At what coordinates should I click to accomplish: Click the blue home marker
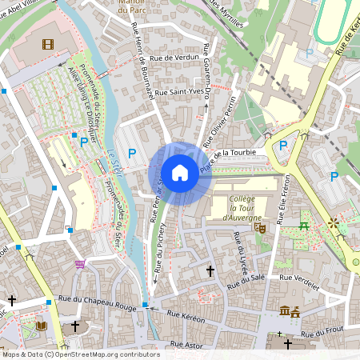pyautogui.click(x=180, y=173)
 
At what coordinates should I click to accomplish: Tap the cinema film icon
pyautogui.click(x=49, y=44)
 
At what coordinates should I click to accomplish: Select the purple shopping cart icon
pyautogui.click(x=80, y=263)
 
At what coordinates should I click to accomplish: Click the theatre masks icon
pyautogui.click(x=259, y=227)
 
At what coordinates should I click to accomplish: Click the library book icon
pyautogui.click(x=42, y=326)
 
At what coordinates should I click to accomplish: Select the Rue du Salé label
pyautogui.click(x=245, y=281)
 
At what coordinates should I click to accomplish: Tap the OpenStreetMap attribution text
pyautogui.click(x=80, y=354)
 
